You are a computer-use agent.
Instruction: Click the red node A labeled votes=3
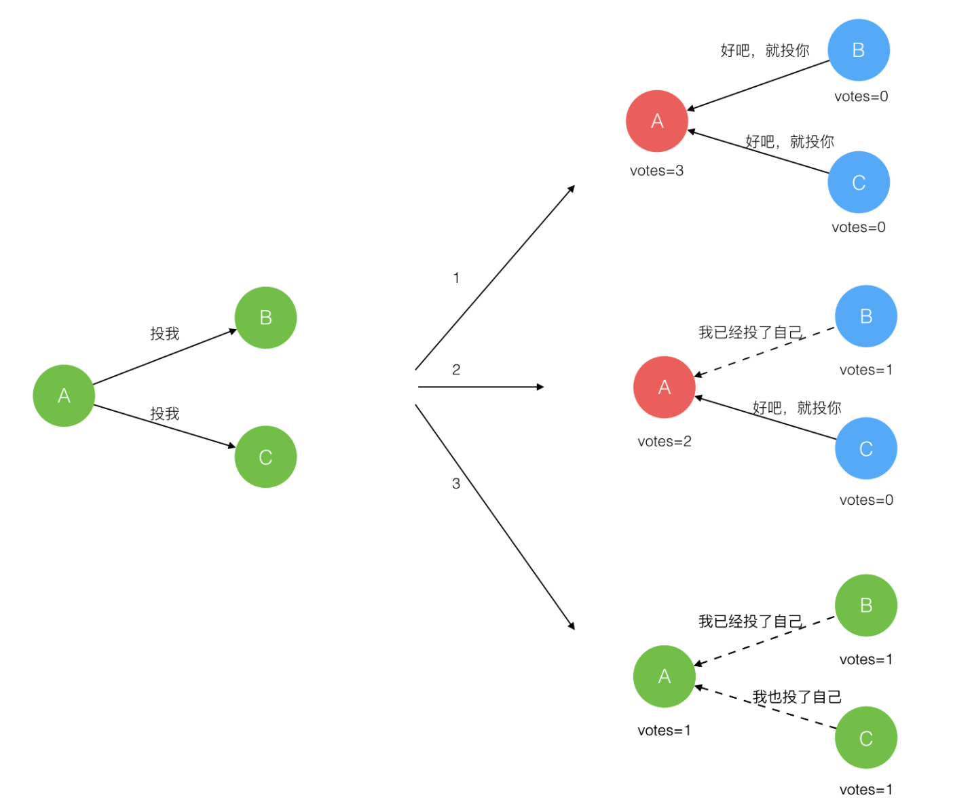pos(656,121)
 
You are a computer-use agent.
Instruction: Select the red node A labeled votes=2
pos(664,387)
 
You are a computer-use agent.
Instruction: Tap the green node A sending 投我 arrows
pos(64,396)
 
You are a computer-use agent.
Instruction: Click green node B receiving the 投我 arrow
pos(265,318)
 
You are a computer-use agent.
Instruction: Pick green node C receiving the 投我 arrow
pos(265,457)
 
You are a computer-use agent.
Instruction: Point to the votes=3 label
pos(656,171)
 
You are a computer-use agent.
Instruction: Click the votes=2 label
pos(665,442)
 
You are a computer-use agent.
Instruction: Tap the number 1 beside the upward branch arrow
pos(456,278)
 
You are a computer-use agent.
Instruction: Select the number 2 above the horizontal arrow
pos(456,370)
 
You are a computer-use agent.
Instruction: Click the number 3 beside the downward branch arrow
pos(456,484)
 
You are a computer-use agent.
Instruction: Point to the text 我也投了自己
pos(797,697)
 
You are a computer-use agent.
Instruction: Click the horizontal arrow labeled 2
pos(481,387)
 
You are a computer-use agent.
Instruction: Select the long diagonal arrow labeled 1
pos(495,277)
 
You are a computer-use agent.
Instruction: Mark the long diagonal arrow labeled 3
pos(495,517)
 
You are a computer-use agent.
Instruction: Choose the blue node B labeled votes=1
pos(866,316)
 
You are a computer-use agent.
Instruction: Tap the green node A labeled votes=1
pos(664,676)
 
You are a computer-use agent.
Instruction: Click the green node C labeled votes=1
pos(866,737)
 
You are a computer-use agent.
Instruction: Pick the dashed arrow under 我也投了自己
pos(766,708)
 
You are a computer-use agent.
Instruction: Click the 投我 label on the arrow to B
pos(164,334)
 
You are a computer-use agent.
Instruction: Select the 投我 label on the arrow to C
pos(164,413)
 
